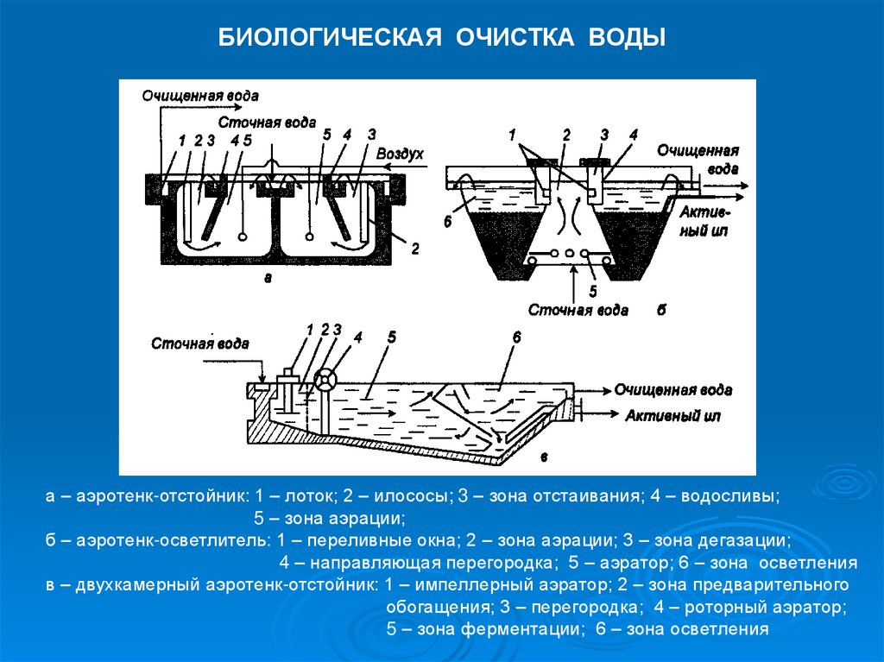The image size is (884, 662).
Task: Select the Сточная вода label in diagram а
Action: [267, 123]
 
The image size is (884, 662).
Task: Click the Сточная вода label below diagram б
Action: [578, 310]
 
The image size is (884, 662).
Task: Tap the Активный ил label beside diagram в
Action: [670, 416]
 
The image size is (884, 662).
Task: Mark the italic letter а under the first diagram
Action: [268, 278]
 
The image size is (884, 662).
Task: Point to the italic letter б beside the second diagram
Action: [660, 310]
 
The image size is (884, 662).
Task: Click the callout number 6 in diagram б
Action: [448, 222]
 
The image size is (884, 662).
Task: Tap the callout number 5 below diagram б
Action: [593, 289]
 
